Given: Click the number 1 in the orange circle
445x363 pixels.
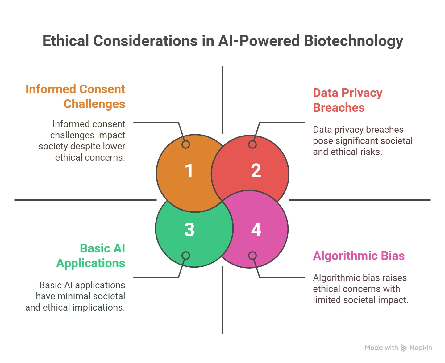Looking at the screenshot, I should (189, 171).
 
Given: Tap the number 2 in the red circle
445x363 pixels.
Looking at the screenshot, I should (256, 171).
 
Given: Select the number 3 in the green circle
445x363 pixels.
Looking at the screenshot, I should (189, 230).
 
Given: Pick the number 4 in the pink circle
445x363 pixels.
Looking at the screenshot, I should (256, 230).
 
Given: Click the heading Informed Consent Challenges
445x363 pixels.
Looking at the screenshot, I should (75, 96).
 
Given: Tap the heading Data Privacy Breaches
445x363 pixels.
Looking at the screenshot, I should (347, 100).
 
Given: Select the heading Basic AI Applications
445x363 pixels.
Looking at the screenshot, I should (91, 256).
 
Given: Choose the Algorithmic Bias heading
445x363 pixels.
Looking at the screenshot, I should (359, 256).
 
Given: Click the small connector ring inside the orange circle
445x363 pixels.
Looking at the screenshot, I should (186, 144).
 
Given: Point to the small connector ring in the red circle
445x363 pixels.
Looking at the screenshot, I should (252, 144).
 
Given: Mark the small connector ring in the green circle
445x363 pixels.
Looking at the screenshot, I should (186, 256).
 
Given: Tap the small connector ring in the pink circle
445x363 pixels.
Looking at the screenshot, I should (252, 256).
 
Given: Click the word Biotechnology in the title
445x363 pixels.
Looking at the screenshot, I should (353, 41).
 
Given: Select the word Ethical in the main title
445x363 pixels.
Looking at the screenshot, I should (65, 41).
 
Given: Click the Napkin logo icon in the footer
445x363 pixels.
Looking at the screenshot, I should (404, 348).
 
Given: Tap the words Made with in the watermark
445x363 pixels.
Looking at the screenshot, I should (381, 348).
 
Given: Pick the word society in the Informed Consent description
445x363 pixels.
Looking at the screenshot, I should (54, 146).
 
